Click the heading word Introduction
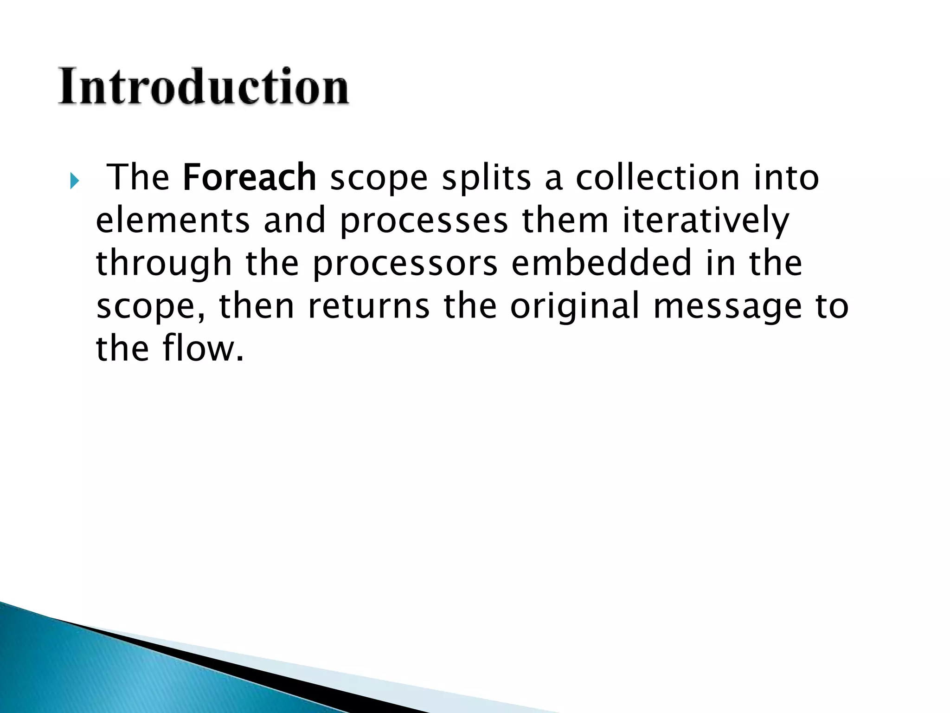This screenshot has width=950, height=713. pyautogui.click(x=203, y=87)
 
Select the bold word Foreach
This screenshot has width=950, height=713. pyautogui.click(x=250, y=177)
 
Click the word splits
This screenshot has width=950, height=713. pyautogui.click(x=486, y=178)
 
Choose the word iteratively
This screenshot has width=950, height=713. pyautogui.click(x=706, y=221)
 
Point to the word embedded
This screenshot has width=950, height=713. pyautogui.click(x=602, y=263)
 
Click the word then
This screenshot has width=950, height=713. pyautogui.click(x=257, y=306)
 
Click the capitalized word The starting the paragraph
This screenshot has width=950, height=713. pyautogui.click(x=139, y=177)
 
